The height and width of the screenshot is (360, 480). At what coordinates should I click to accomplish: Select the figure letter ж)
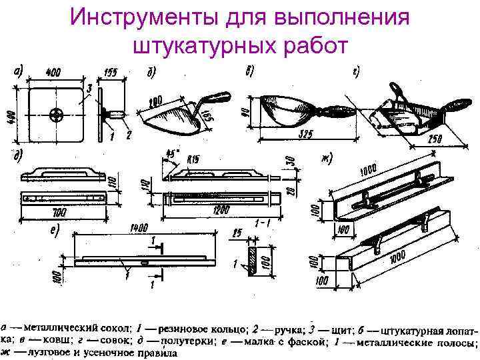point(327,158)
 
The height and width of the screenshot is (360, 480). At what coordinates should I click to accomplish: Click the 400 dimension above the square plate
point(53,69)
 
